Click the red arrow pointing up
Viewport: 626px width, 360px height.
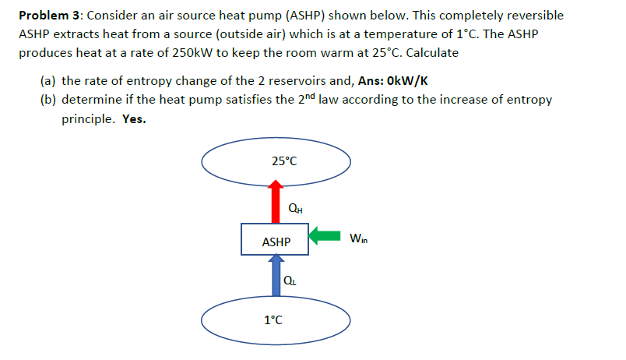coord(275,202)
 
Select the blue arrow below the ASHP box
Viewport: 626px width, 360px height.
coord(275,277)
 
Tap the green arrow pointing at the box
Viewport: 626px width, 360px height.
coord(325,235)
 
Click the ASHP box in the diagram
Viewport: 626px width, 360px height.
coord(276,242)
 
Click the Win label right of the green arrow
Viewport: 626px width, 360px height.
coord(359,238)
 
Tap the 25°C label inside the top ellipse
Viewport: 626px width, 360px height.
coord(284,161)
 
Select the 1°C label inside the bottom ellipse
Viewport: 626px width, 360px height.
coord(273,319)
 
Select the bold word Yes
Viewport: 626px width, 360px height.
coord(135,120)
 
